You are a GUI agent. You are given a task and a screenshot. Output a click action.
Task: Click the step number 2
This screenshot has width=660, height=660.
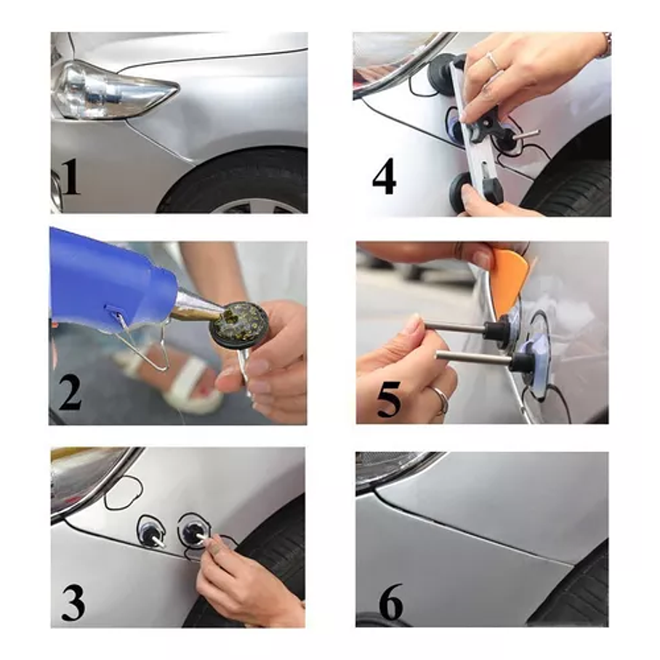click(x=70, y=393)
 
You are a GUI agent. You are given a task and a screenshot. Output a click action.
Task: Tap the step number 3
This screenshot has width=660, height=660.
click(x=73, y=603)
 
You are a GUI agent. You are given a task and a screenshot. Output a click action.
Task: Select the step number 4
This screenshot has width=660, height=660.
click(x=384, y=176)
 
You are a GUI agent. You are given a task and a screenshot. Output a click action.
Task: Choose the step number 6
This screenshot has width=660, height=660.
click(x=391, y=603)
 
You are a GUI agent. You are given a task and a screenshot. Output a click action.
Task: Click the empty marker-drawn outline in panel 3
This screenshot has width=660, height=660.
click(x=124, y=493)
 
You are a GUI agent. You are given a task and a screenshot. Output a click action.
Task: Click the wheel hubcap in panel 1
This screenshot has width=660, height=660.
click(x=261, y=206)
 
